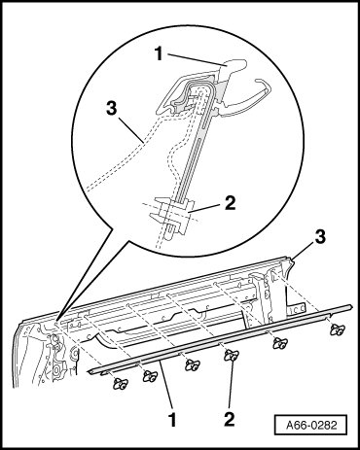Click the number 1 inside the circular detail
click(159, 53)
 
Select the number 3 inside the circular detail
click(111, 109)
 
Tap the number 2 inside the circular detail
click(230, 203)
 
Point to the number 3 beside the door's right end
click(320, 237)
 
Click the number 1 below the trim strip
click(172, 419)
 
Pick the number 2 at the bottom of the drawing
click(230, 419)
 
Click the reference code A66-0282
click(311, 425)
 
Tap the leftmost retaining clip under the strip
click(120, 384)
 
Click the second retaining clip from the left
click(150, 376)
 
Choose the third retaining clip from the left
click(191, 365)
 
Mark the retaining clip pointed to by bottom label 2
click(232, 356)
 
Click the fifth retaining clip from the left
click(279, 343)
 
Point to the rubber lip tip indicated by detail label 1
click(234, 66)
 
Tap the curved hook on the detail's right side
click(256, 97)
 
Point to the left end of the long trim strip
click(90, 371)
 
